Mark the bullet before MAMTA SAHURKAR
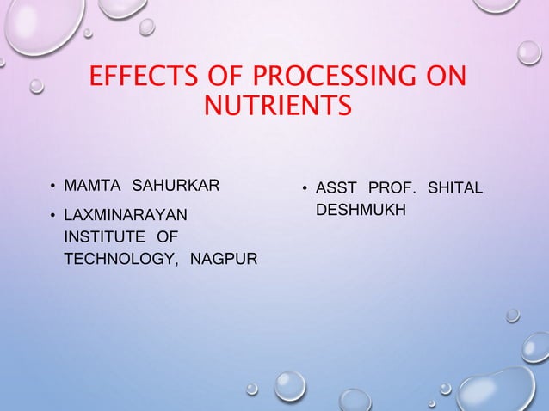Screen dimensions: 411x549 52,187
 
